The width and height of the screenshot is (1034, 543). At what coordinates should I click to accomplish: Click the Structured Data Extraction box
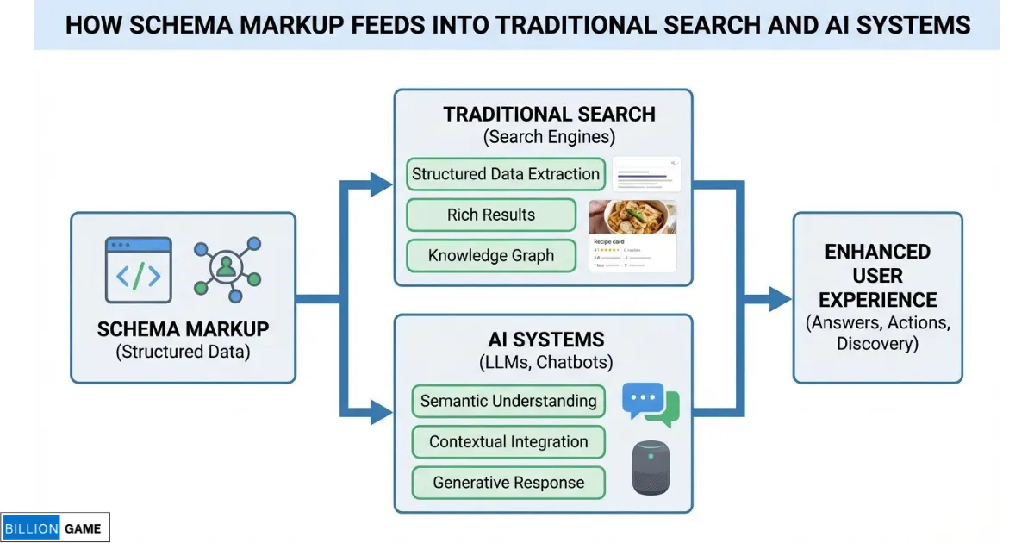pos(505,174)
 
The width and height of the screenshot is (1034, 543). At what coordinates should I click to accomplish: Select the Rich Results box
pos(491,215)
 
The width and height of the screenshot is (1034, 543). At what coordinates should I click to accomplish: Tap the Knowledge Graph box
pos(491,256)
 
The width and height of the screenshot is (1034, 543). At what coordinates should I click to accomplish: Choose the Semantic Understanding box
pos(508,401)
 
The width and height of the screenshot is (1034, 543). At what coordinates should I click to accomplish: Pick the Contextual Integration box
pos(508,442)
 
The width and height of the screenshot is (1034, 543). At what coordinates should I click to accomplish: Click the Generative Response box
pos(508,483)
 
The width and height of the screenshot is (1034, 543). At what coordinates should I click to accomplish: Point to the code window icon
pos(138,270)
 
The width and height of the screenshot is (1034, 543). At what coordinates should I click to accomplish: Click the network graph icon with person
pos(227,269)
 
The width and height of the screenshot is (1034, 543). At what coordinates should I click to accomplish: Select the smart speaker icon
pos(651,468)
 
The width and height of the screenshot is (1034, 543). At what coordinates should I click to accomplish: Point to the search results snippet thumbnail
pos(646,174)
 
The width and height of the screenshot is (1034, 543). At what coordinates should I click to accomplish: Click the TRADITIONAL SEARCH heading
pos(549,115)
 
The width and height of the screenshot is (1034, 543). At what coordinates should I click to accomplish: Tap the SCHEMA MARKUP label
pos(183,328)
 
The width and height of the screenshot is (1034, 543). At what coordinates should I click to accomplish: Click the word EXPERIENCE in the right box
pos(877,300)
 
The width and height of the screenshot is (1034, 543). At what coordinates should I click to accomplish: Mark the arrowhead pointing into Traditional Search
pos(381,183)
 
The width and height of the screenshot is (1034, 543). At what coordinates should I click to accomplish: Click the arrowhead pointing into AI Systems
pos(381,412)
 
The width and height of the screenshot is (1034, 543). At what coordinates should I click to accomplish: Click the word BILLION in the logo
pos(31,528)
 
